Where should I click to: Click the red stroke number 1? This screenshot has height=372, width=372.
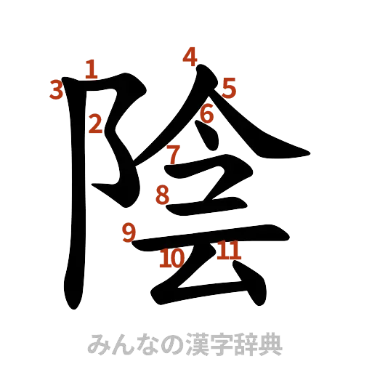(90, 69)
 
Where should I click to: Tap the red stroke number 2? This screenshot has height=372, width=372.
(95, 124)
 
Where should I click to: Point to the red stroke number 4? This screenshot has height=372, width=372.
(190, 56)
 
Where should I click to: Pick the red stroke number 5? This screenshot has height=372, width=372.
(229, 89)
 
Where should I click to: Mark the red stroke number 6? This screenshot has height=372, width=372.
(206, 114)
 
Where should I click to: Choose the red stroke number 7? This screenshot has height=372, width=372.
(172, 154)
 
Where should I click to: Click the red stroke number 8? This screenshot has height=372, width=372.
(163, 194)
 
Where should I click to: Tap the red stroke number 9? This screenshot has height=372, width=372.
(129, 232)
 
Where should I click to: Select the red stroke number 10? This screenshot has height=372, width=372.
(172, 258)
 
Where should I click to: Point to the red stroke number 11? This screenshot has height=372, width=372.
(228, 251)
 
